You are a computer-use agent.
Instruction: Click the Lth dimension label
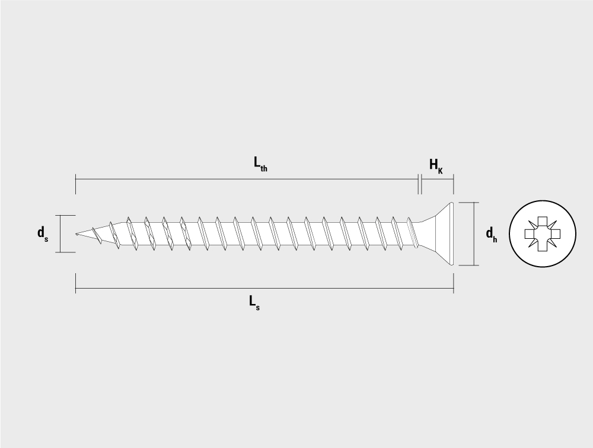(260, 164)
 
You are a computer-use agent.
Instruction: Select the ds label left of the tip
(43, 233)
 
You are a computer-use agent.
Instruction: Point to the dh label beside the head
(491, 234)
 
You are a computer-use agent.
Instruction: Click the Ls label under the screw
(254, 302)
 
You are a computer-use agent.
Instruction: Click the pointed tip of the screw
(76, 234)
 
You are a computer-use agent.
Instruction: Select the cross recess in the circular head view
(543, 234)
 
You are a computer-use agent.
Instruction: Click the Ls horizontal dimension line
(264, 289)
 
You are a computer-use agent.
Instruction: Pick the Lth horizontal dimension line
(247, 179)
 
